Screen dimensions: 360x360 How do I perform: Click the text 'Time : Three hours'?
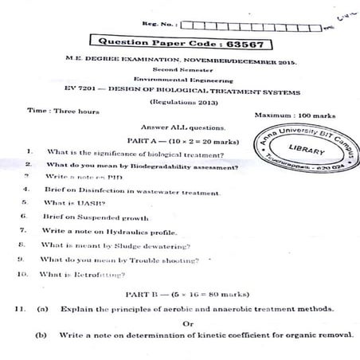pos(64,112)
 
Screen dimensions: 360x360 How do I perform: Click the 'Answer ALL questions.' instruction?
pos(182,127)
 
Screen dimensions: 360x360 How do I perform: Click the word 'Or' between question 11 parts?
pos(189,323)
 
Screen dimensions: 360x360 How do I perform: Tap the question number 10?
pos(23,273)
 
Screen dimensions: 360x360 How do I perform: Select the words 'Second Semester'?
pos(182,69)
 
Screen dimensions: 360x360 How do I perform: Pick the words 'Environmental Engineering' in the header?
pos(182,80)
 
